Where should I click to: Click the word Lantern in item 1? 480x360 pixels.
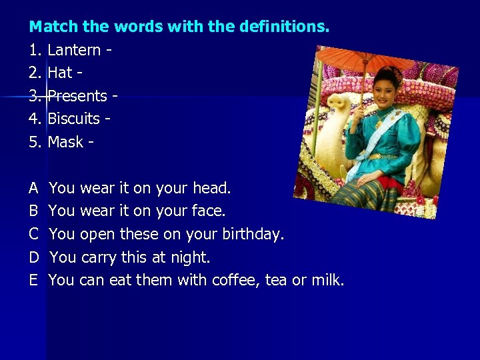coord(74,50)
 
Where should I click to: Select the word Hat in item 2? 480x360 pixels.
coord(60,73)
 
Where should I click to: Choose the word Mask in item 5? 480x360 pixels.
coord(65,142)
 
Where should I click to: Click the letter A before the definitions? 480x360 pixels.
coord(33,189)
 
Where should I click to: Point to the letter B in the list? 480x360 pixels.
coord(33,211)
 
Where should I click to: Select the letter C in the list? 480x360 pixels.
coord(33,235)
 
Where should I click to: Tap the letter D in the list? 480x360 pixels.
coord(34,257)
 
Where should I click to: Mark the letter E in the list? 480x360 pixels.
coord(33,280)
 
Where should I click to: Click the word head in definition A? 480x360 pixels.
coord(211,189)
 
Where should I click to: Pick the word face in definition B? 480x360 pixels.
coord(209,211)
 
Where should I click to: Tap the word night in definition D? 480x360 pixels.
coord(191,257)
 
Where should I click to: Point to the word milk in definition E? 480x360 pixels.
coord(327,280)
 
